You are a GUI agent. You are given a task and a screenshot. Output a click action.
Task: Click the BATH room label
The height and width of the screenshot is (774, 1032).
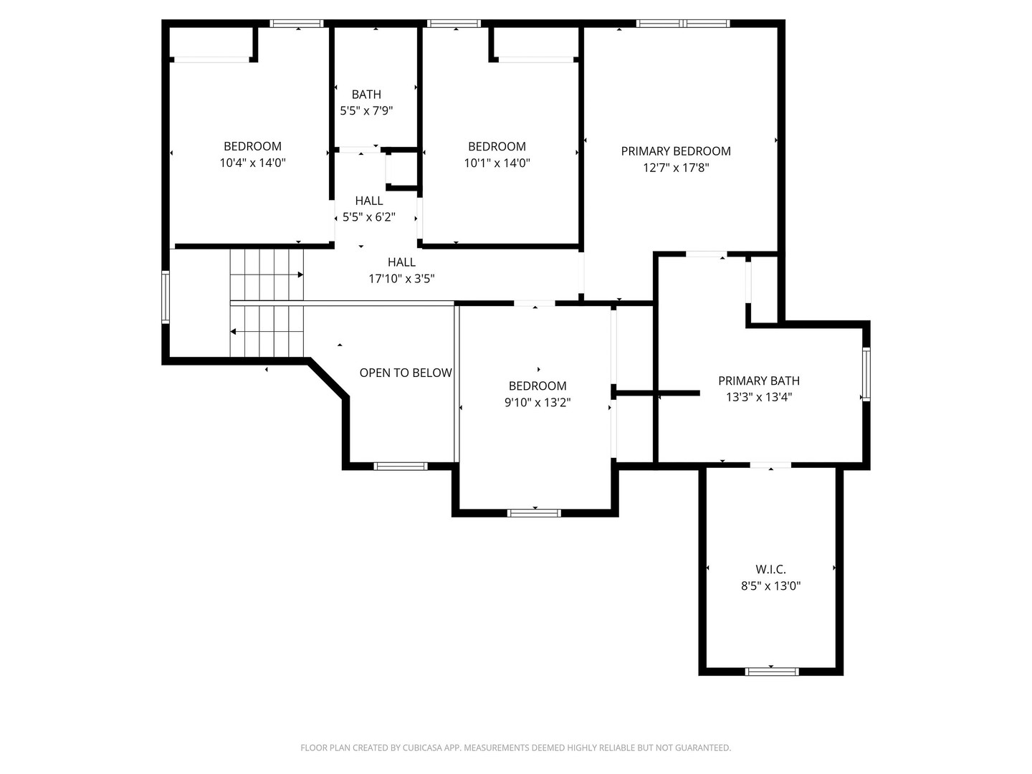click(x=366, y=95)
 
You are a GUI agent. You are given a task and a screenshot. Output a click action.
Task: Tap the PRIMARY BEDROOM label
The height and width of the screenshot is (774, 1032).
click(x=676, y=151)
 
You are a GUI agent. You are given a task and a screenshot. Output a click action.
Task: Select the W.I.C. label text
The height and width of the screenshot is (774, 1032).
click(x=770, y=570)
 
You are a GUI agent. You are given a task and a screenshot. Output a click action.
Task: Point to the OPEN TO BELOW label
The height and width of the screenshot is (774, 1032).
click(x=406, y=373)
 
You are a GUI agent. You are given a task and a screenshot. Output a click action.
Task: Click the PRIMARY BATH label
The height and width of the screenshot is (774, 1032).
click(x=759, y=381)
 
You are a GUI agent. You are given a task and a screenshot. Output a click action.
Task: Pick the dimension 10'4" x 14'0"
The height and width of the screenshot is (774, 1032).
click(x=252, y=163)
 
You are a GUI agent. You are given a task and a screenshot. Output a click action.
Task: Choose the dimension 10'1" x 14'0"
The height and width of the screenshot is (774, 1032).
click(x=497, y=163)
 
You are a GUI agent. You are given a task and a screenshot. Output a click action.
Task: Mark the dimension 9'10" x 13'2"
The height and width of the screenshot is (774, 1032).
click(x=537, y=403)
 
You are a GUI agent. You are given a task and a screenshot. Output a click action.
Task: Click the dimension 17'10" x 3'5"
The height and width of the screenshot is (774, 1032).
click(x=401, y=279)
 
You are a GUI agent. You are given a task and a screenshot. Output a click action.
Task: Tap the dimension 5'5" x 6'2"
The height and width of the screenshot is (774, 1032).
click(x=368, y=217)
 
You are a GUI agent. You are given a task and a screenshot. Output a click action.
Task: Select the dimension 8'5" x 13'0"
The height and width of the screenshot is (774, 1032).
click(x=770, y=586)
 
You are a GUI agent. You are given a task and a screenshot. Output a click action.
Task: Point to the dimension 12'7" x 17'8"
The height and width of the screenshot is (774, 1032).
click(x=676, y=168)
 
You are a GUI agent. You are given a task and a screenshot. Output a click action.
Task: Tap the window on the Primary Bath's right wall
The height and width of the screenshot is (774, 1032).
click(x=866, y=374)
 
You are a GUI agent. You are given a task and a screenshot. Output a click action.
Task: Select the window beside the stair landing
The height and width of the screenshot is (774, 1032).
click(x=166, y=297)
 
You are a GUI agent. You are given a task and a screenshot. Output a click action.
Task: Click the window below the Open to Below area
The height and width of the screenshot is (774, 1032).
click(x=401, y=466)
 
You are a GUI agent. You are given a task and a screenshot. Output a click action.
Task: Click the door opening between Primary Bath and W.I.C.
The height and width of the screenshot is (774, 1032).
click(x=770, y=465)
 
